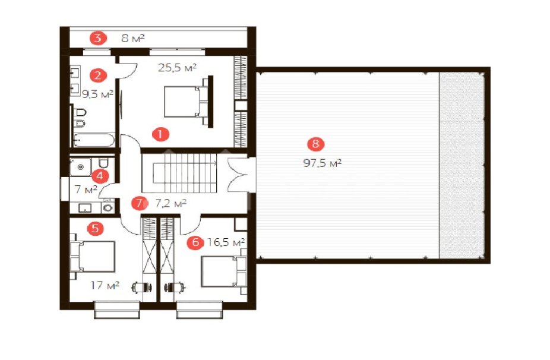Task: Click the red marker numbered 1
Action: point(160,134)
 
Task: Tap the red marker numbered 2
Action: point(98,75)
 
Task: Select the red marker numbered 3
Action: point(98,38)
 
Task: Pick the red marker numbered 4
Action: point(100,176)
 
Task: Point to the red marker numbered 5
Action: point(96,229)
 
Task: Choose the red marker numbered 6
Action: point(195,242)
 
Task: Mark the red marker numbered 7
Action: point(140,203)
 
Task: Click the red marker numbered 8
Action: point(316,144)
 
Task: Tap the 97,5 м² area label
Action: point(323,163)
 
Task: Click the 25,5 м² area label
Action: point(177,67)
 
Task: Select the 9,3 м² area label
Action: point(97,94)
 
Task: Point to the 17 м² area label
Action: point(105,286)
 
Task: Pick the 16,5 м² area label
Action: point(226,242)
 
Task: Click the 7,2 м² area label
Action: point(171,203)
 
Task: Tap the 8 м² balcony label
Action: point(133,38)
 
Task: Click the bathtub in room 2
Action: point(94,140)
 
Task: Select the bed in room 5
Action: point(93,257)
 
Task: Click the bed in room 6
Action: point(224,271)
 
